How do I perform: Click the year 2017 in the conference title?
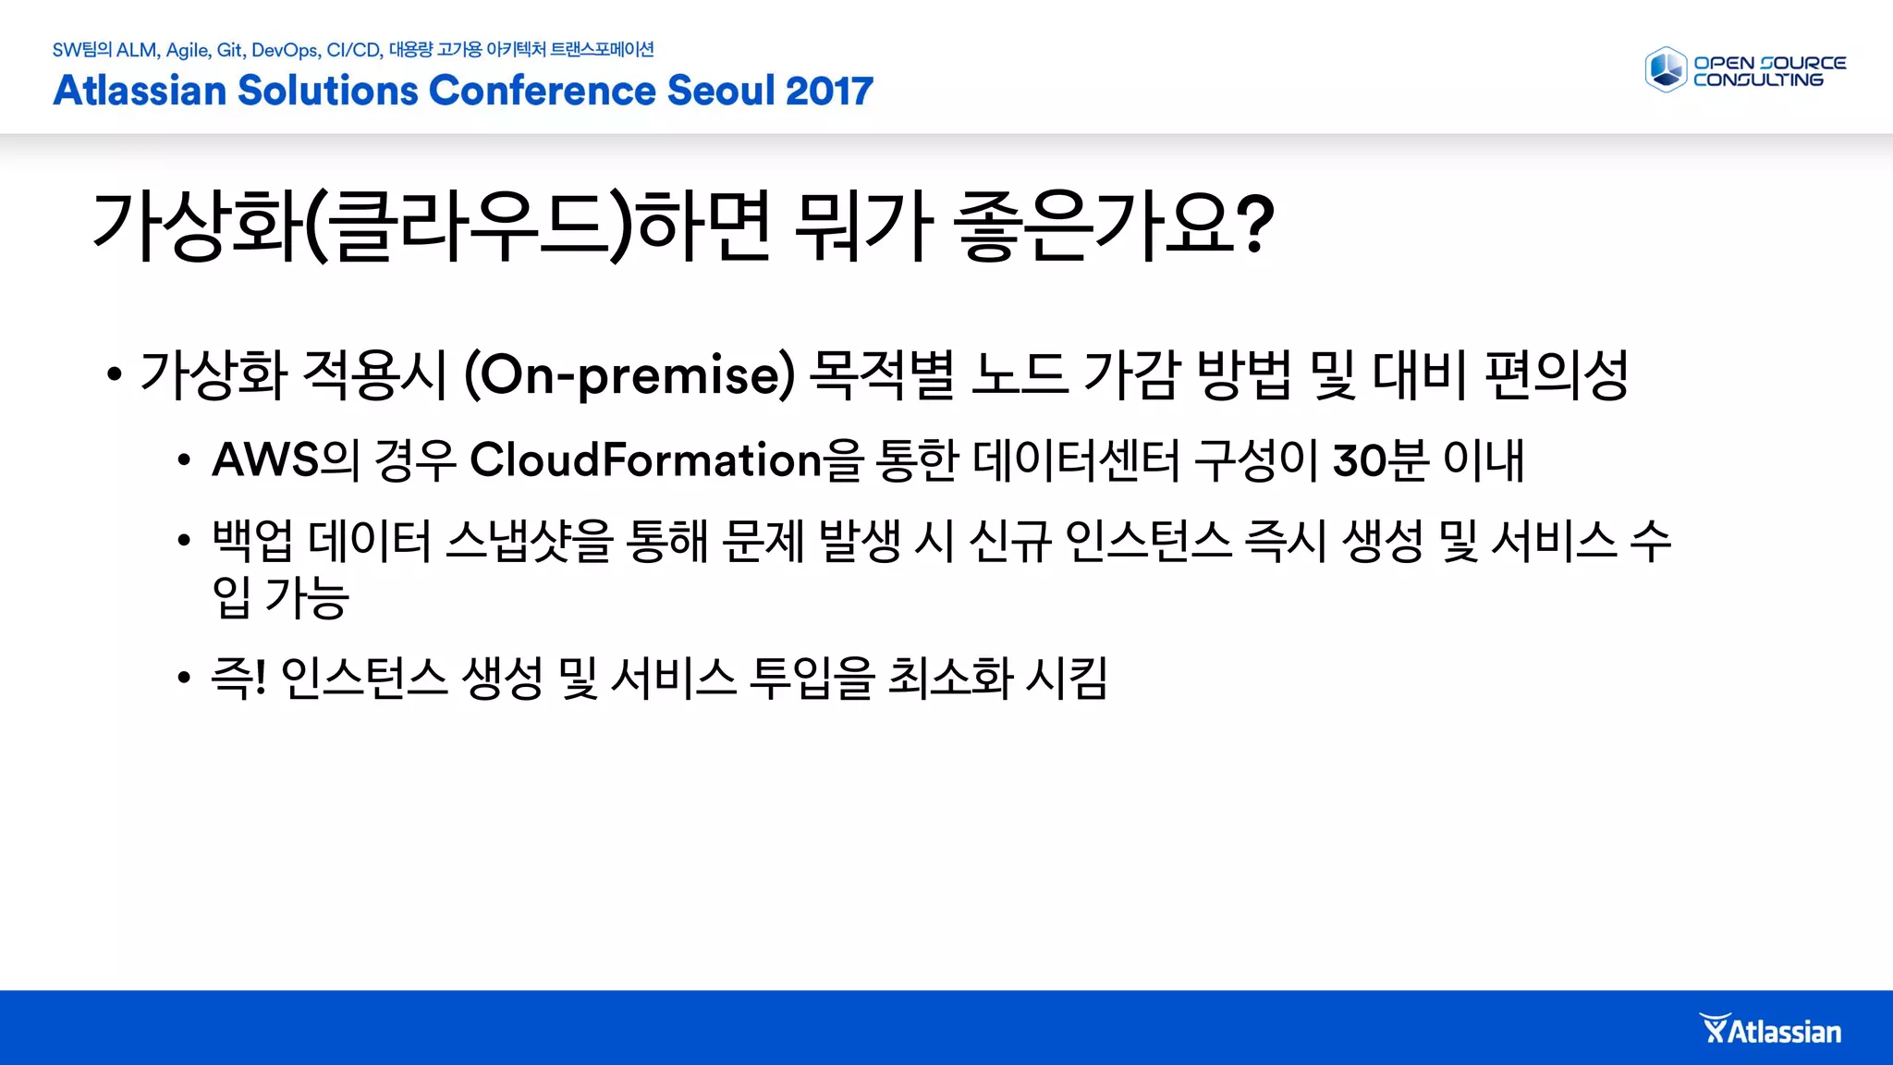(829, 91)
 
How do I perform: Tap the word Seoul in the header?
(719, 91)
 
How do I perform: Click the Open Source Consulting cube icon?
(1666, 70)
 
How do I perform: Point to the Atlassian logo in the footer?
(1771, 1031)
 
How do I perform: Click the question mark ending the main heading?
(1254, 225)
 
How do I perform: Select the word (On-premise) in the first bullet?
(629, 374)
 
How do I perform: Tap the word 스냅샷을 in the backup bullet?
(529, 541)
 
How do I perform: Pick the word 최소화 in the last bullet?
(950, 678)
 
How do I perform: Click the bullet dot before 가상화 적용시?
(114, 375)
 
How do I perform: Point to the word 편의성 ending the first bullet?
(1557, 374)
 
